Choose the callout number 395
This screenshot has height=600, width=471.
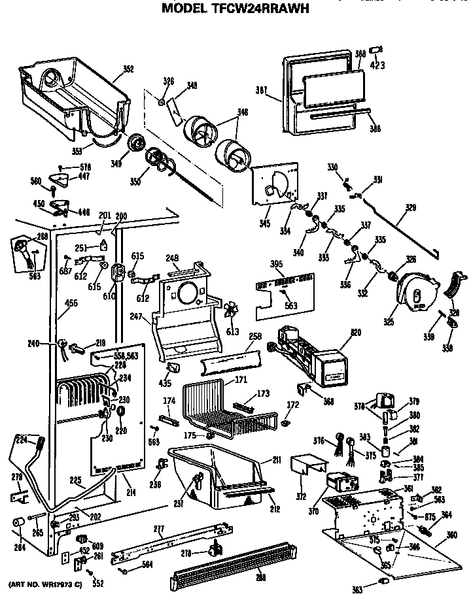[277, 263]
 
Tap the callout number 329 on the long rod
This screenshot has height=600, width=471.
[410, 208]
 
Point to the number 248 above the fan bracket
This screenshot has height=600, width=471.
[173, 258]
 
